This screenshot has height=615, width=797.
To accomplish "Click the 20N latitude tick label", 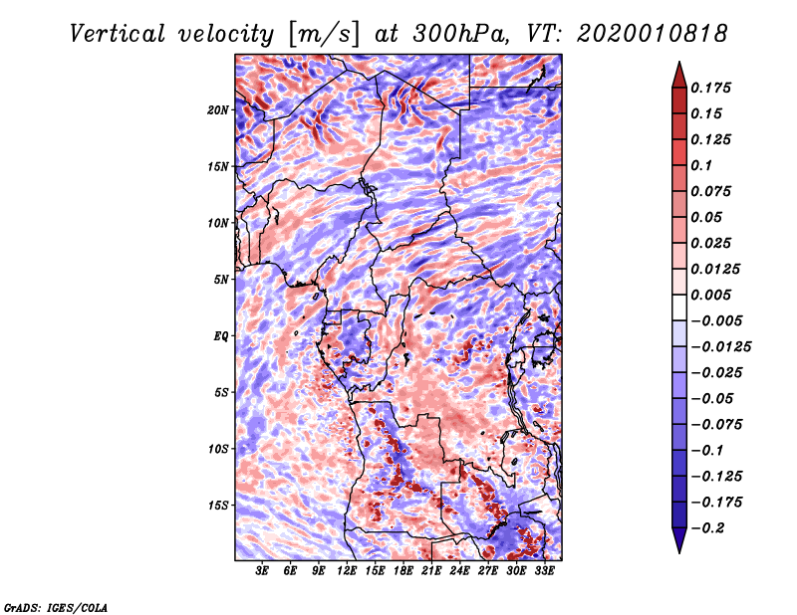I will coord(218,109).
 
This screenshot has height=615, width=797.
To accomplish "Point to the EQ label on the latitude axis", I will coord(221,335).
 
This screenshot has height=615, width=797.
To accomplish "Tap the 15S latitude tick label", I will coord(218,505).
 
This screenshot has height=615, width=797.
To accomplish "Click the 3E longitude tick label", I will coord(263,571).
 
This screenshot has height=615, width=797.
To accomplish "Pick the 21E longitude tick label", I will coord(432,571).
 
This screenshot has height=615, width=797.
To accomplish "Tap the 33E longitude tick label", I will coord(545,571).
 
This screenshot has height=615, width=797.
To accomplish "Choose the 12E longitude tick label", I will coord(348,571).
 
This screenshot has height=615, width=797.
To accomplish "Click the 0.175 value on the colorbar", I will coord(714,88).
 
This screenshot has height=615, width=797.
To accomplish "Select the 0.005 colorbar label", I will coord(714,295).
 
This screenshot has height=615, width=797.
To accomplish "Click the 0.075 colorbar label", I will coord(714,191).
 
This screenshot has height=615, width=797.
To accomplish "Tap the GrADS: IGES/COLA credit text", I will coord(55,606).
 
